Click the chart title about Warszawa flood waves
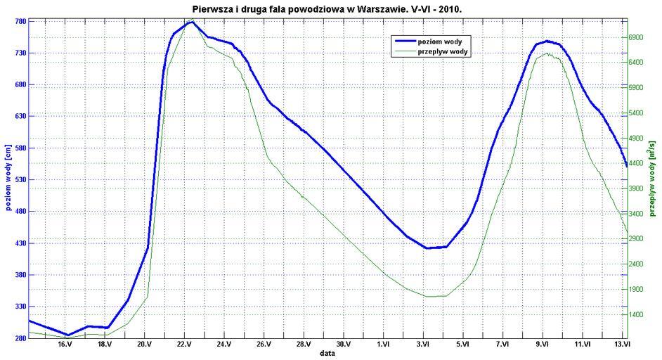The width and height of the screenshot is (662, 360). (327, 8)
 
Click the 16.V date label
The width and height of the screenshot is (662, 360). (65, 345)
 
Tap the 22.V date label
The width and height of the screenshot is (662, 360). (185, 345)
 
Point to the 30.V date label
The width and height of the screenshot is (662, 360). (344, 345)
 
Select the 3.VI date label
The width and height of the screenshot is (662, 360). (424, 345)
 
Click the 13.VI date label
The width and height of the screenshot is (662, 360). (622, 345)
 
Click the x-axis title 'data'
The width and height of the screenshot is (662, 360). (327, 354)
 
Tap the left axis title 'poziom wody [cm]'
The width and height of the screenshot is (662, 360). (6, 180)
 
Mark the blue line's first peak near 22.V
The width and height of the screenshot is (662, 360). (190, 22)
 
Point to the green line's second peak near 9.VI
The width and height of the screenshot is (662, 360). (545, 54)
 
